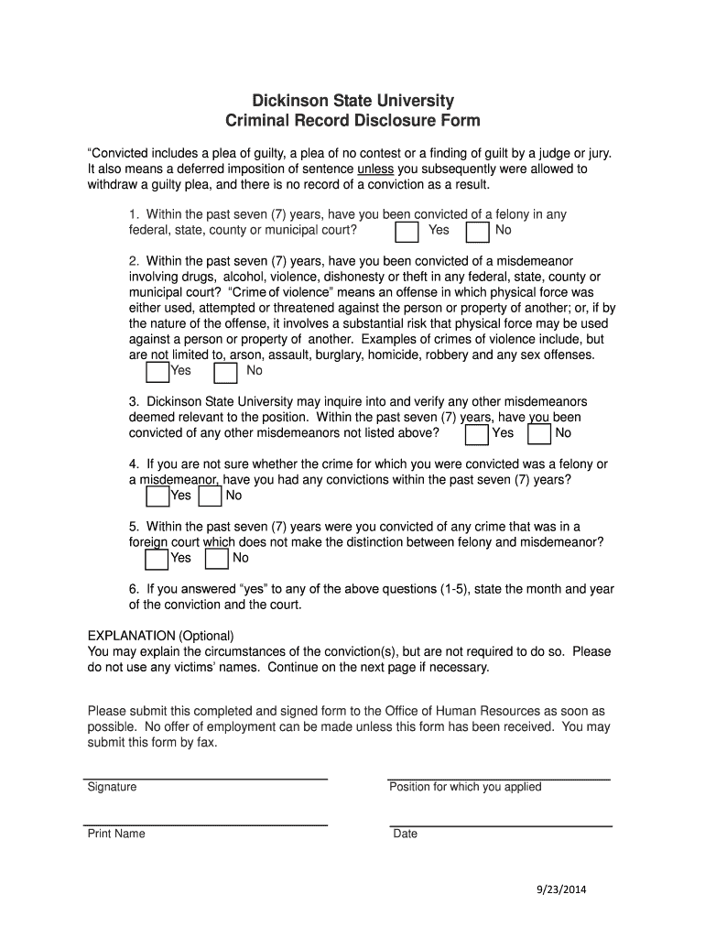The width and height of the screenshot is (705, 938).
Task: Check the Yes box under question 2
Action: click(x=157, y=372)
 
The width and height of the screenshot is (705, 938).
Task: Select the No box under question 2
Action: click(x=225, y=372)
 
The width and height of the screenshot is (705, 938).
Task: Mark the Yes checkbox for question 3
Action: click(x=476, y=434)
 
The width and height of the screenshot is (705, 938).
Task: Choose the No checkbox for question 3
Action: click(x=539, y=434)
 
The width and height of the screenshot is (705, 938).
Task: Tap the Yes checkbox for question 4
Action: click(x=157, y=496)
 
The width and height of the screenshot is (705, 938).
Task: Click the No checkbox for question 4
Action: click(x=210, y=496)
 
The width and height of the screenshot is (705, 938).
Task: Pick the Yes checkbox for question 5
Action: click(x=157, y=559)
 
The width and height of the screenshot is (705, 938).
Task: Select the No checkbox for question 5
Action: click(x=216, y=559)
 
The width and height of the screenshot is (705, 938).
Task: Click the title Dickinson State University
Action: click(x=352, y=101)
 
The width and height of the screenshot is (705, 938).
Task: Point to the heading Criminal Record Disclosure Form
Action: click(x=352, y=121)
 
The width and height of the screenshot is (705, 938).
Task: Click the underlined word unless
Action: click(x=374, y=169)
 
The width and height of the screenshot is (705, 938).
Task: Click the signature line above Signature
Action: click(x=207, y=779)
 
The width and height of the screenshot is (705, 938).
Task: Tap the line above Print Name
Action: click(x=207, y=825)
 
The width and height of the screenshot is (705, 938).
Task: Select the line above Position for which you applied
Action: click(x=499, y=779)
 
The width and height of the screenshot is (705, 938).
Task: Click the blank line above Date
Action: click(x=499, y=825)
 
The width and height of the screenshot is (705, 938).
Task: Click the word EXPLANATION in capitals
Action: click(x=131, y=636)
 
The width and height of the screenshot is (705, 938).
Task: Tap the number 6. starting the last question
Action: click(x=134, y=589)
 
